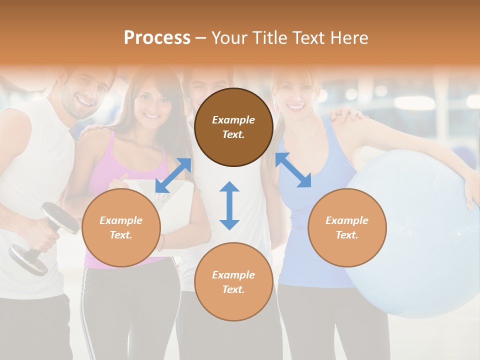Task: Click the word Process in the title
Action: pyautogui.click(x=157, y=38)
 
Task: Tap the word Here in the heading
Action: pyautogui.click(x=348, y=38)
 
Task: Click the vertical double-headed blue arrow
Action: pyautogui.click(x=229, y=205)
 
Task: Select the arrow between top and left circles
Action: pyautogui.click(x=173, y=175)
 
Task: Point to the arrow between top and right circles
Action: pyautogui.click(x=293, y=170)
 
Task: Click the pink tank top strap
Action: pyautogui.click(x=110, y=150)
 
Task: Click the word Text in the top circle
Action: pyautogui.click(x=233, y=134)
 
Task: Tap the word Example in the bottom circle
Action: pyautogui.click(x=233, y=274)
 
